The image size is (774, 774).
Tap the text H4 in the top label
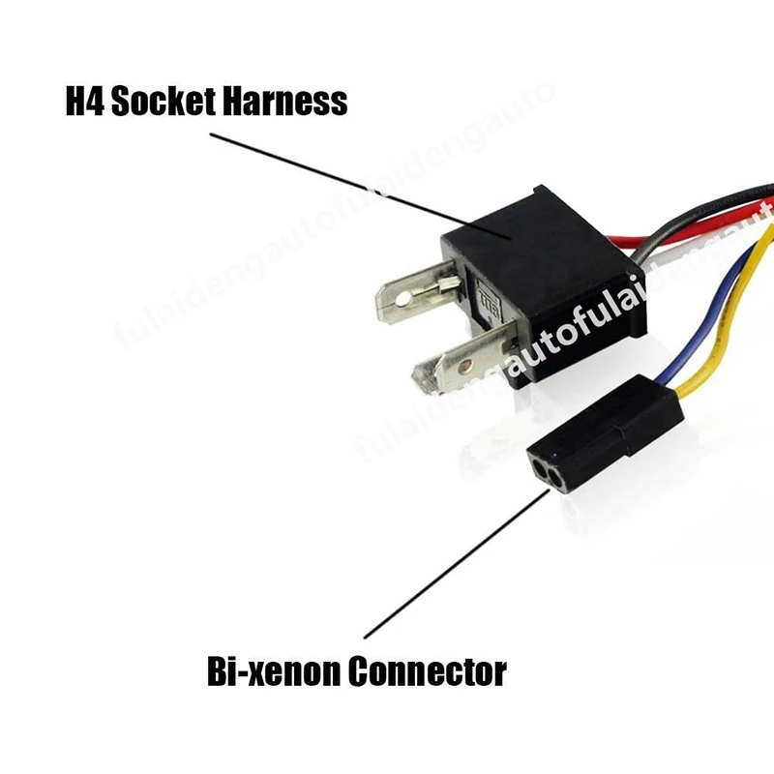click(84, 101)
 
